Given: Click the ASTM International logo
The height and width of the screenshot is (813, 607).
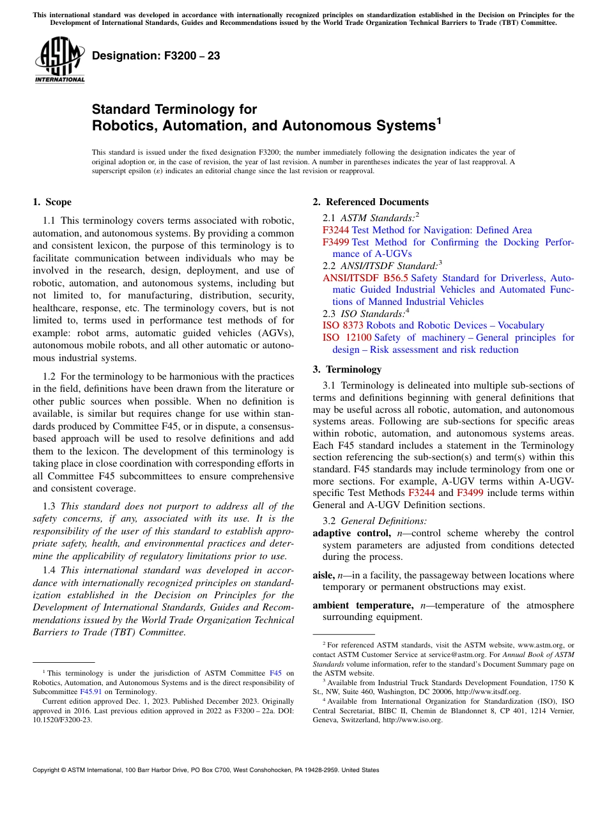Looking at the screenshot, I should [59, 61].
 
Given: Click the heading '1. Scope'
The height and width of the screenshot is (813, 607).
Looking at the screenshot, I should [52, 203].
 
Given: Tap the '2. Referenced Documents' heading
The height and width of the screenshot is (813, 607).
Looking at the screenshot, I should [371, 203].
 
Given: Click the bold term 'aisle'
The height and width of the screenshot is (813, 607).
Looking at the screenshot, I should [323, 575].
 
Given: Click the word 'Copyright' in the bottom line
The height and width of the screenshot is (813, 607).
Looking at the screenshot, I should [48, 770].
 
